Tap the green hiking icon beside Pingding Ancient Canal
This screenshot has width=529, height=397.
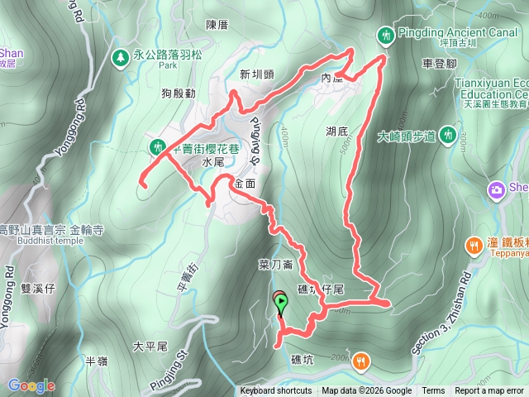385,35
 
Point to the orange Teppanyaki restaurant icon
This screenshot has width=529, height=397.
474,245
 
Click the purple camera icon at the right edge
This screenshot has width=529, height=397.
496,189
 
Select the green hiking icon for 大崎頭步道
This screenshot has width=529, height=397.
448,134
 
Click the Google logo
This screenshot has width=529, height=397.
31,385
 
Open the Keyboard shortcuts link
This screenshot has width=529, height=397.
276,391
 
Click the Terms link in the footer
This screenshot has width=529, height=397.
433,391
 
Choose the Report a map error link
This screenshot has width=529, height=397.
489,391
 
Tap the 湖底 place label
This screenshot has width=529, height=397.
336,131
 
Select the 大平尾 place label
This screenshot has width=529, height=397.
150,345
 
